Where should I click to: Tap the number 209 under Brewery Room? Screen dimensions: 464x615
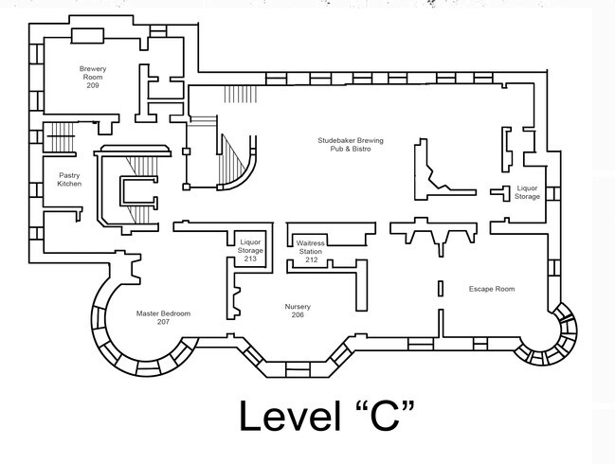pos(92,86)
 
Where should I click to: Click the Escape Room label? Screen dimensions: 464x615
pos(492,288)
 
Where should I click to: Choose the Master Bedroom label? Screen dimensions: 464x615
pos(163,313)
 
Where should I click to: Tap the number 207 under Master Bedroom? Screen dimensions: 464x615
pos(163,323)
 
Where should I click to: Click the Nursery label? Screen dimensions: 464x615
pos(298,307)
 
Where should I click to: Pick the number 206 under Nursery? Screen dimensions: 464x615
pos(298,316)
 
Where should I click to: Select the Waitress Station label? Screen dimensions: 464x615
pos(311,247)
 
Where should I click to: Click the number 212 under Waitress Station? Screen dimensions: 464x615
pos(311,259)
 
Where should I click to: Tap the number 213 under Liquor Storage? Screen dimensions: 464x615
pos(250,259)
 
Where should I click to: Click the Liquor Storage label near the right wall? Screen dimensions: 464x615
pos(528,192)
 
